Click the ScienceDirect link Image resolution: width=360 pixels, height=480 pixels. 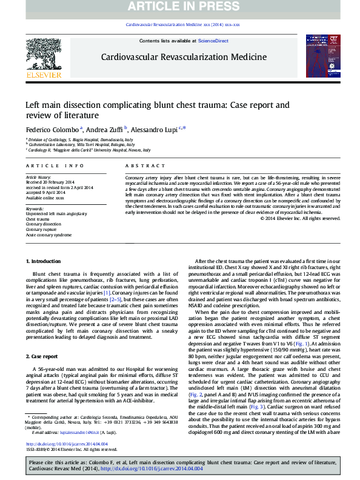(x=213, y=40)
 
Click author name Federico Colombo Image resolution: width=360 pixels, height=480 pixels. (x=51, y=128)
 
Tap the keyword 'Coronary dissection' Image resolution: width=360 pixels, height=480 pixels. (x=43, y=224)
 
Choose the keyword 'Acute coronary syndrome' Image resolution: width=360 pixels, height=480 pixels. (x=47, y=235)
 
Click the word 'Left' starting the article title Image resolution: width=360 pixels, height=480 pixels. (x=33, y=104)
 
